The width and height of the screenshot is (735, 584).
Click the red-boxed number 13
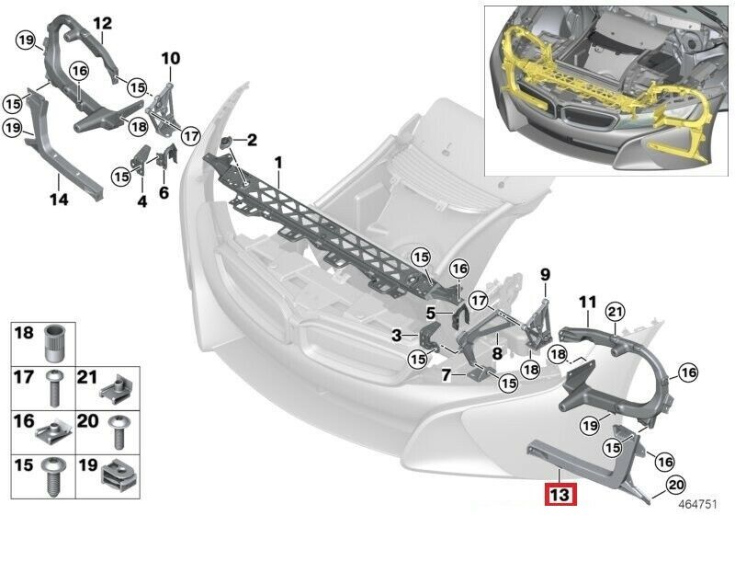(560, 496)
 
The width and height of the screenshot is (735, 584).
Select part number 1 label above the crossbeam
(277, 163)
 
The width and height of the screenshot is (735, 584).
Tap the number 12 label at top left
(102, 22)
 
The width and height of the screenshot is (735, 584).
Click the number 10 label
(171, 59)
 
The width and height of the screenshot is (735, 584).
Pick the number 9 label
(544, 274)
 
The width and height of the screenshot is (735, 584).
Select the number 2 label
(252, 141)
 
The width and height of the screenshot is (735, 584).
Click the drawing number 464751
(698, 504)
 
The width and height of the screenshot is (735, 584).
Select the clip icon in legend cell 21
(118, 384)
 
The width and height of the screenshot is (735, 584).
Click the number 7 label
(446, 375)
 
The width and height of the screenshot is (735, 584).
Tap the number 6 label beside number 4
(164, 193)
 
